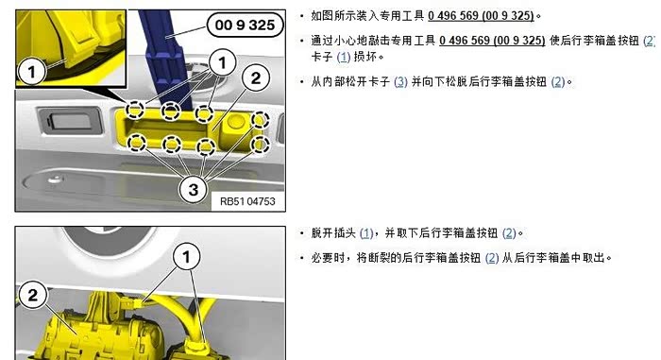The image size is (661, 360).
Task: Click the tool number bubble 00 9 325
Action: [245, 25]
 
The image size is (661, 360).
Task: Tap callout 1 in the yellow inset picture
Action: [31, 72]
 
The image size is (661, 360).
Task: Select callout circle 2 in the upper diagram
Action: [256, 77]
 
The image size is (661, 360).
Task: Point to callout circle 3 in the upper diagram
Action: [193, 189]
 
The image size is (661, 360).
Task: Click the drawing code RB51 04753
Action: [247, 201]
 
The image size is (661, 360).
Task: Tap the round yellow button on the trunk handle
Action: [235, 123]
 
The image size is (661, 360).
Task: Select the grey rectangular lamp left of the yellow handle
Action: [70, 121]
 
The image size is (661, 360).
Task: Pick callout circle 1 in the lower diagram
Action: [186, 256]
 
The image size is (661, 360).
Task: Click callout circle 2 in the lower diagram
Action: [32, 295]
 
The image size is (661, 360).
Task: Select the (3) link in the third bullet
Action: [400, 81]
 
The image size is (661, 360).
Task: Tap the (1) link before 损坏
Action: [344, 57]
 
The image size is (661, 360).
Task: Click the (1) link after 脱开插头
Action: [366, 233]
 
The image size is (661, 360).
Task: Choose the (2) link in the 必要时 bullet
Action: [492, 257]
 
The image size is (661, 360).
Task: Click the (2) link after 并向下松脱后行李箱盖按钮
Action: [558, 81]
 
